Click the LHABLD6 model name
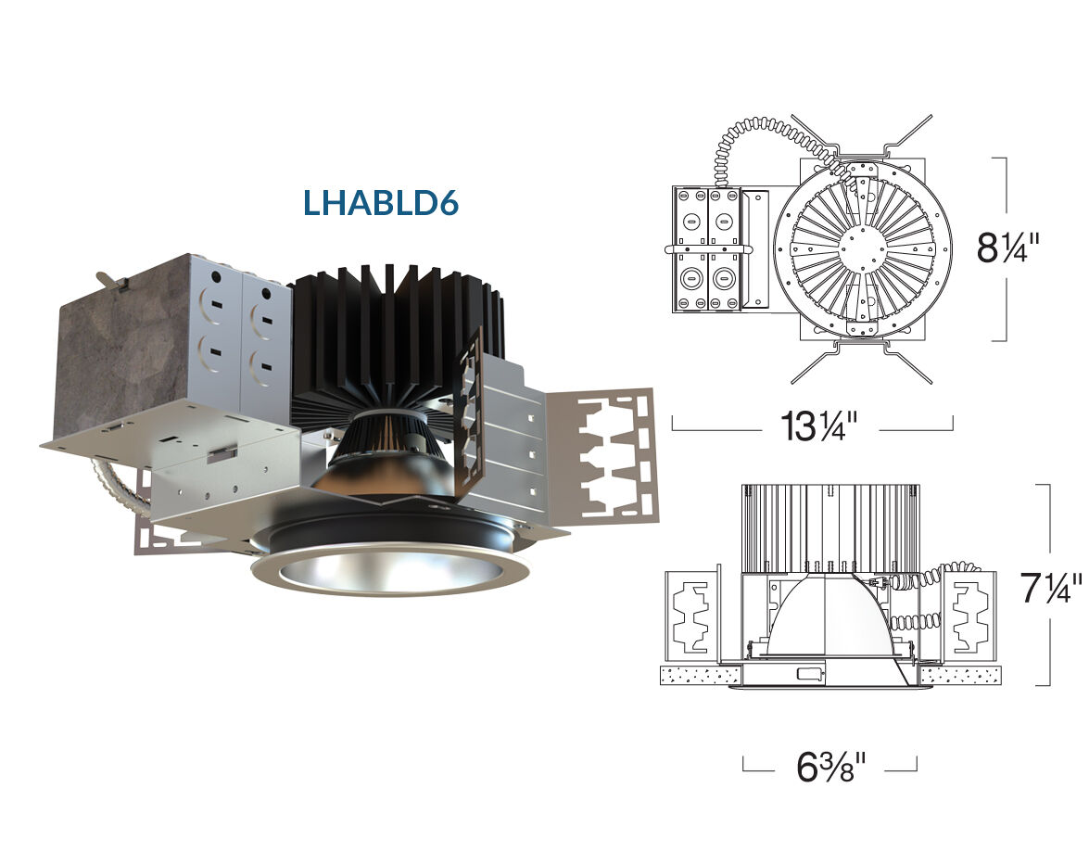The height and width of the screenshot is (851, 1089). tap(381, 203)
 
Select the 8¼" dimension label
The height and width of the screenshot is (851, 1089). tap(1008, 248)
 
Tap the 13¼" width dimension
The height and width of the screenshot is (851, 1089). tap(819, 425)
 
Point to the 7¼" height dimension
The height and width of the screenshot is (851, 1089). tap(1051, 588)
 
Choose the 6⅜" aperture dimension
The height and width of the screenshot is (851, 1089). tap(831, 767)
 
